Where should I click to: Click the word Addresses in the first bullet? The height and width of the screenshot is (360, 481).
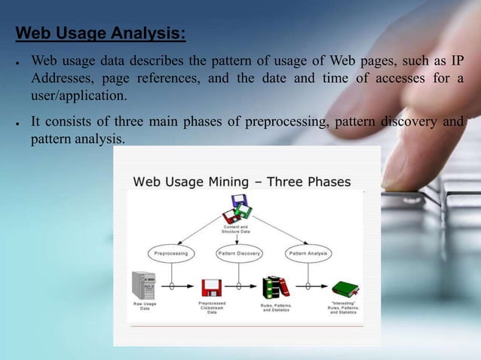tap(64, 79)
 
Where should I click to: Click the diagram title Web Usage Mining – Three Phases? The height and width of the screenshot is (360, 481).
tap(241, 182)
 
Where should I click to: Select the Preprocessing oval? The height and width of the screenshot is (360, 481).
tap(171, 254)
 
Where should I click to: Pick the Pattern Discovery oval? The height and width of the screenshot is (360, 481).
tap(240, 254)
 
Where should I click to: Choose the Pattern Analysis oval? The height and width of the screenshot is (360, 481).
tap(307, 254)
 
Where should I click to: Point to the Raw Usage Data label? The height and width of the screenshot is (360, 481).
tap(145, 307)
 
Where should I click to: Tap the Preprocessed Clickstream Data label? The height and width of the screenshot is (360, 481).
tap(212, 309)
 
